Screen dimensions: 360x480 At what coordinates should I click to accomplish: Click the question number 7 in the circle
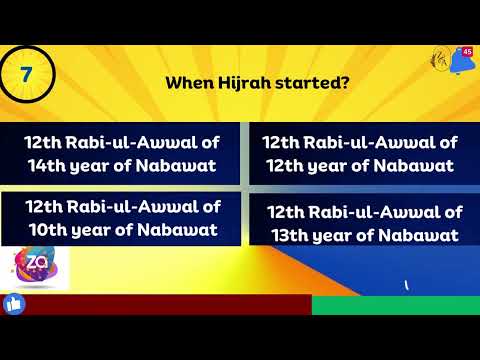[25, 74]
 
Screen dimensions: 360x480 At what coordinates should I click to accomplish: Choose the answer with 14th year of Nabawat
[122, 153]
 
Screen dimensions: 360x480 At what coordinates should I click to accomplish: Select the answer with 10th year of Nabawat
[122, 219]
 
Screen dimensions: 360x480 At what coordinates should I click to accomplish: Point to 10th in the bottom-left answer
[45, 230]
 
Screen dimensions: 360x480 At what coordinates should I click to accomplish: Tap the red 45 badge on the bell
[467, 52]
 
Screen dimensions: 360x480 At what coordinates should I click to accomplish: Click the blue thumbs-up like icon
[14, 302]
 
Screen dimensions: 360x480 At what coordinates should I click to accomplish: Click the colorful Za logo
[40, 266]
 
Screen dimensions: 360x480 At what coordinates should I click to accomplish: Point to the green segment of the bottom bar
[395, 305]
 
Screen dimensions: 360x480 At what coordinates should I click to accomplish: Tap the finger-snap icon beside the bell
[438, 62]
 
